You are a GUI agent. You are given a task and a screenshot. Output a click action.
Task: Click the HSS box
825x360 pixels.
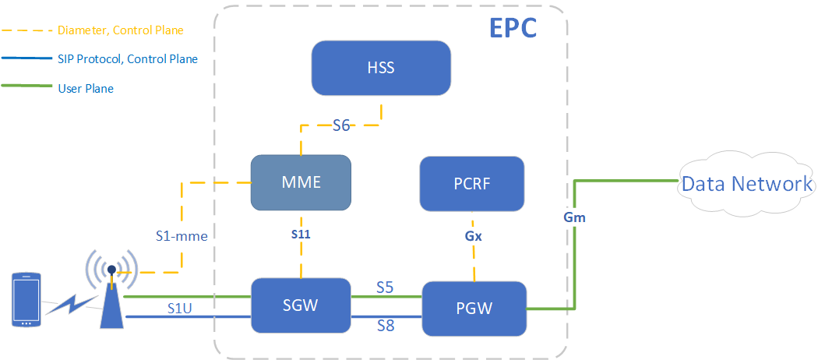pyautogui.click(x=381, y=68)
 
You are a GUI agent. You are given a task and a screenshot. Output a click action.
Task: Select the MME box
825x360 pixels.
pyautogui.click(x=301, y=182)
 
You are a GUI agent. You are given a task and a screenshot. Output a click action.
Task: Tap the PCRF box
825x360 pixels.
pyautogui.click(x=471, y=184)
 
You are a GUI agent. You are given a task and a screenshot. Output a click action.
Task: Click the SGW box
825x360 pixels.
pyautogui.click(x=300, y=305)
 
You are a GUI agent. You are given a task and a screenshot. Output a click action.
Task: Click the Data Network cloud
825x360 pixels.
pyautogui.click(x=746, y=184)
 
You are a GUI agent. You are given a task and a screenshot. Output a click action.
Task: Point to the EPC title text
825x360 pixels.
pyautogui.click(x=513, y=27)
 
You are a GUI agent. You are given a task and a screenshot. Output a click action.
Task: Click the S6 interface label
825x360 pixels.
pyautogui.click(x=340, y=125)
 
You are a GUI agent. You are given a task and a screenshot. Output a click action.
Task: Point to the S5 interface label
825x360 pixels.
pyautogui.click(x=385, y=288)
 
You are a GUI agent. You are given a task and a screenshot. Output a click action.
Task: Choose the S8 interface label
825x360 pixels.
pyautogui.click(x=385, y=325)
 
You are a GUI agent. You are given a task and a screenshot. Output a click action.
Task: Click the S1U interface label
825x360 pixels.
pyautogui.click(x=181, y=308)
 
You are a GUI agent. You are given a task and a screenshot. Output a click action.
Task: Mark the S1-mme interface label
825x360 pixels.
pyautogui.click(x=181, y=235)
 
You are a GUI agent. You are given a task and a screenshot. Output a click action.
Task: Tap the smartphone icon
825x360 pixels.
pyautogui.click(x=26, y=299)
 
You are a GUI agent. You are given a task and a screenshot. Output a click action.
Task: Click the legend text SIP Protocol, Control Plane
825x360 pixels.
pyautogui.click(x=128, y=59)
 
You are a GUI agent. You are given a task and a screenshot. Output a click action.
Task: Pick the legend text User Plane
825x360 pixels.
pyautogui.click(x=86, y=88)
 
